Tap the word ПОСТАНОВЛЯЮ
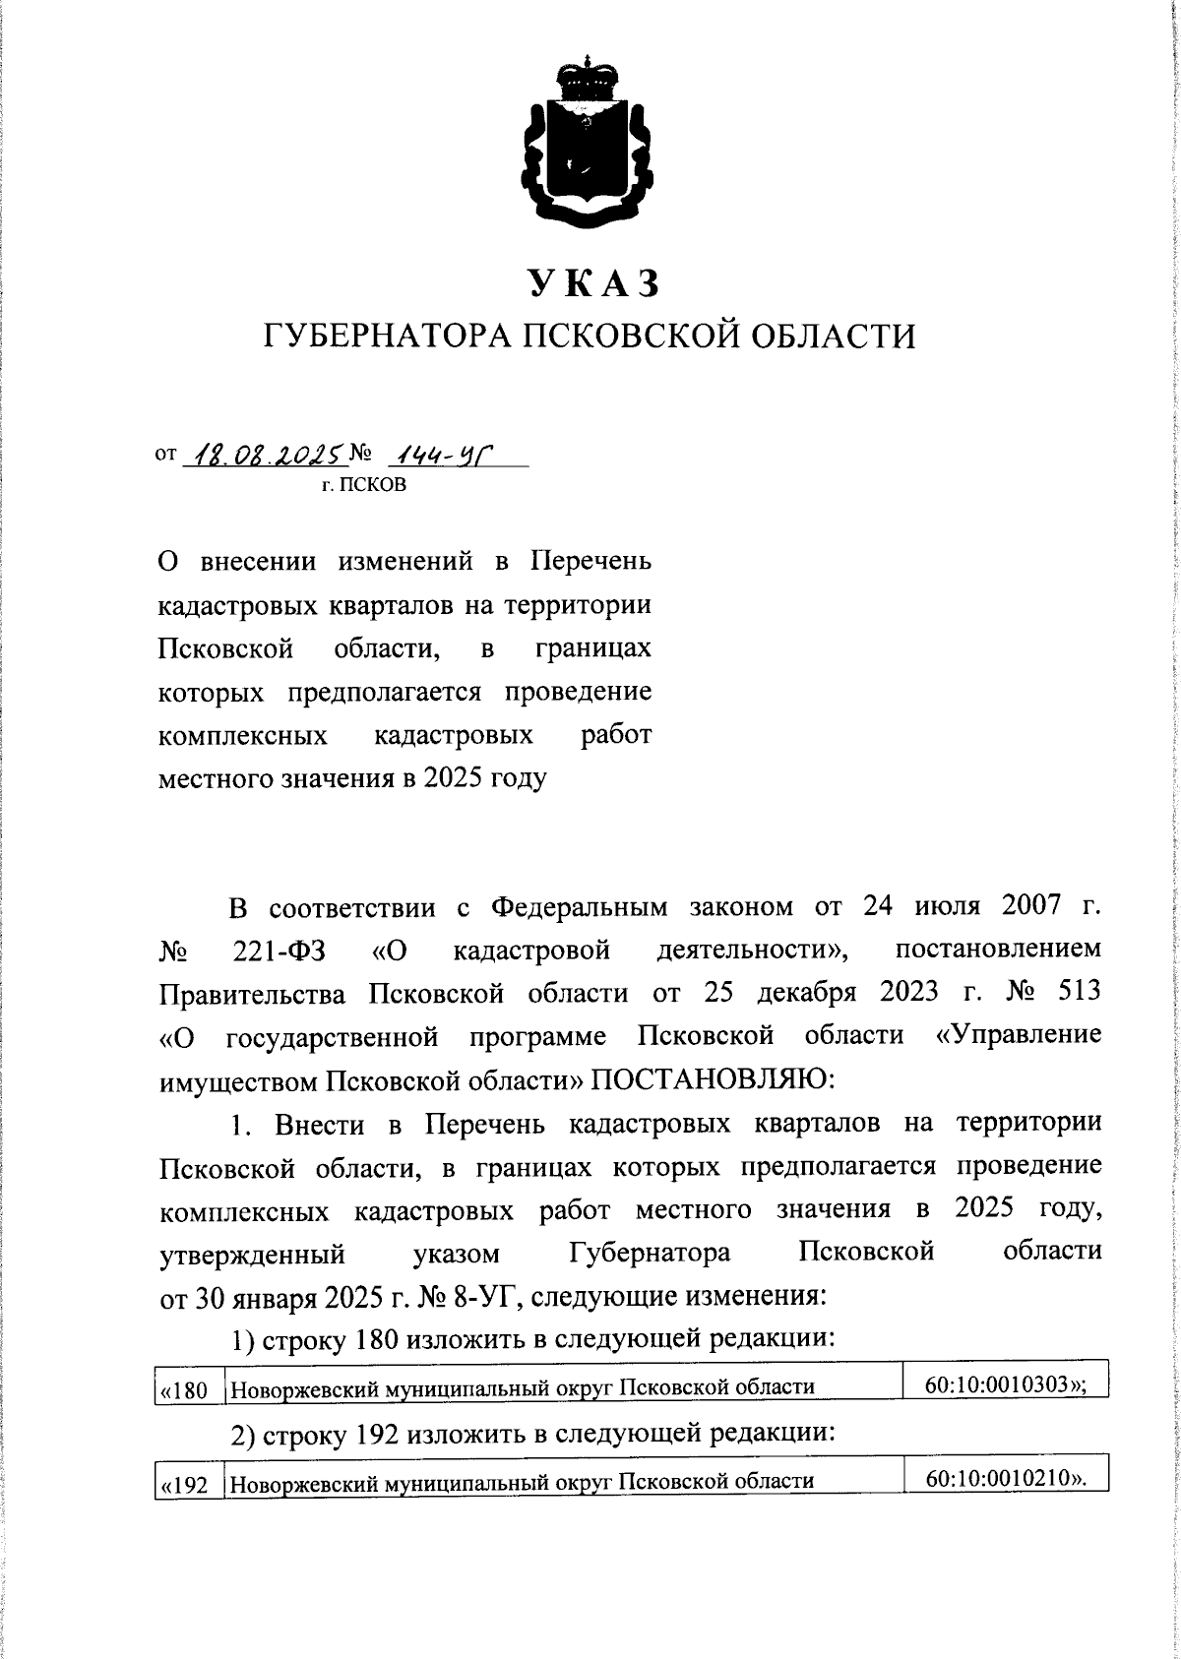[712, 1080]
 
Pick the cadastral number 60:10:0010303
[998, 1385]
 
